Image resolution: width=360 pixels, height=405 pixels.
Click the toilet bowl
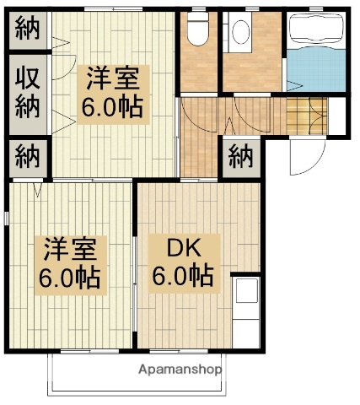point(198,31)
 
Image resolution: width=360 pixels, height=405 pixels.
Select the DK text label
point(181,249)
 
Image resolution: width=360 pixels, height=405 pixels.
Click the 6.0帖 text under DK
point(182,276)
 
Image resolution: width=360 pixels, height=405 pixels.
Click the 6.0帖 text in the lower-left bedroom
point(70,277)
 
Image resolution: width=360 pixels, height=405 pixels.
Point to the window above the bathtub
point(315,8)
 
